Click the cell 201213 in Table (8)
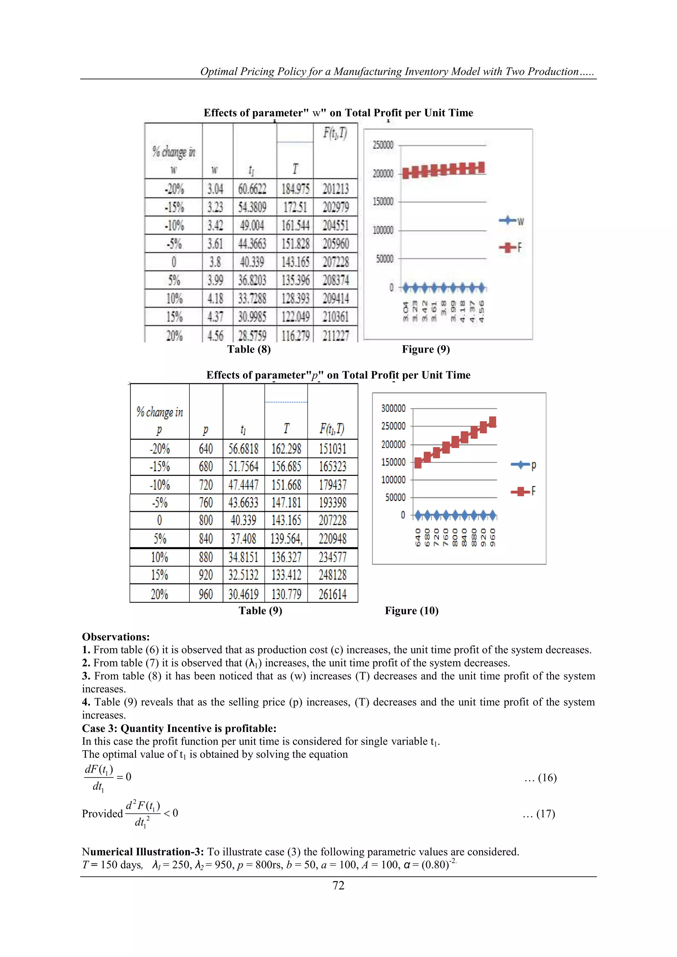pos(336,189)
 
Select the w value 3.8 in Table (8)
pos(215,262)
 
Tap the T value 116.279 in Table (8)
pos(295,335)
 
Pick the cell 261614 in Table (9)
pos(332,594)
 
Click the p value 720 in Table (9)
pos(206,485)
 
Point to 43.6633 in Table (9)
pos(243,503)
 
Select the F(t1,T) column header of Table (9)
pos(332,429)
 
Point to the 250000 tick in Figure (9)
pos(383,145)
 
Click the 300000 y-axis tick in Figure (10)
pos(393,408)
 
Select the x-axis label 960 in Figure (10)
pos(492,537)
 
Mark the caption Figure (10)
pos(412,611)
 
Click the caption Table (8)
pos(249,349)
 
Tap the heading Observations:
pos(115,637)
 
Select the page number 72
pos(338,885)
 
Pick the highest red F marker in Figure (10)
pos(492,422)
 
